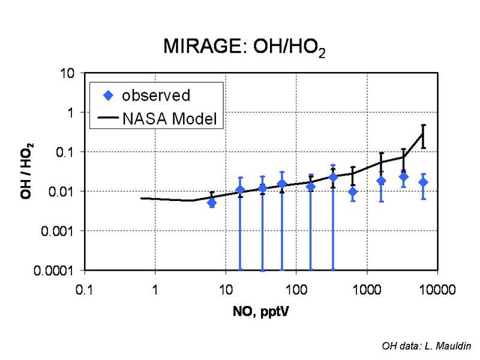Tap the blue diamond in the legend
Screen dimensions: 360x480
108,95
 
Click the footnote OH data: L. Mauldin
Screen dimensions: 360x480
427,346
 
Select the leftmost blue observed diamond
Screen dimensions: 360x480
212,203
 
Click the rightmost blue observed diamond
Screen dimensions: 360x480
424,182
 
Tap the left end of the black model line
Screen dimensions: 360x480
142,198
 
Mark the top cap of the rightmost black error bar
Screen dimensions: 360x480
424,125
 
